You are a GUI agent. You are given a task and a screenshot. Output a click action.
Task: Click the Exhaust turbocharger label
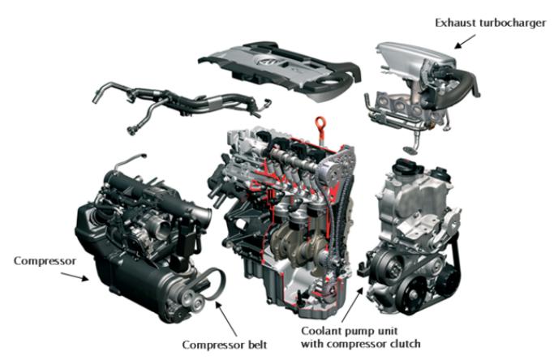coord(491,23)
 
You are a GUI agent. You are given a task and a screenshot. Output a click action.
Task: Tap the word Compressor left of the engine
coord(45,261)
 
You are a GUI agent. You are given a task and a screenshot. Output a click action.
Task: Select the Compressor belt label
coord(225,345)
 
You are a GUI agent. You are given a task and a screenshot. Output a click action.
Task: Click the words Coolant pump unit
coord(349,332)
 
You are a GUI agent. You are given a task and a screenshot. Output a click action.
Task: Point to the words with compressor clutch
coord(361,344)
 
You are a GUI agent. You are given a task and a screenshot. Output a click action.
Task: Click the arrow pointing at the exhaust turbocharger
coord(465,41)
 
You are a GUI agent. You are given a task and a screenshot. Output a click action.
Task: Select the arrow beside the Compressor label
coord(75,277)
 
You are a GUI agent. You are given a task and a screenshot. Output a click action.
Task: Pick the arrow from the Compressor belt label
coord(226,319)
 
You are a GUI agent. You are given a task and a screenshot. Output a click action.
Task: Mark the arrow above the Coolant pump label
coord(352,305)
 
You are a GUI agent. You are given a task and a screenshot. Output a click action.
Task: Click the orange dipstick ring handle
coord(320,124)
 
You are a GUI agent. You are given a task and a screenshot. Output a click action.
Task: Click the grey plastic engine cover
coord(280,69)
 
